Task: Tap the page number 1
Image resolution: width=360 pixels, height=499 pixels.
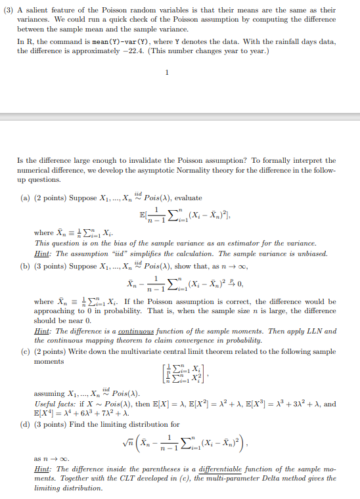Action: pyautogui.click(x=168, y=72)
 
